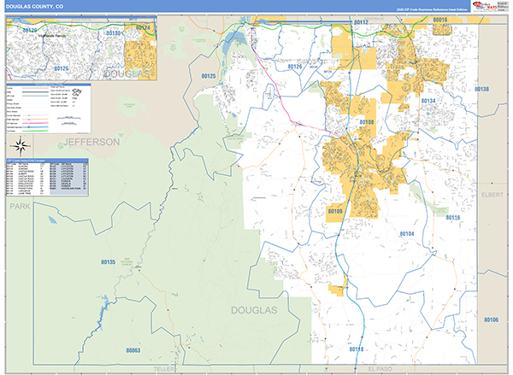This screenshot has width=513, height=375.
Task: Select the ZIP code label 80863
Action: (133, 350)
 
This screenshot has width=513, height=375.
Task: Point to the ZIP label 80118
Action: (357, 349)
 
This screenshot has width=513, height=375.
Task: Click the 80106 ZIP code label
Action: (490, 319)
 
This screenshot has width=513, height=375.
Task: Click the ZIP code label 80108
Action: (366, 123)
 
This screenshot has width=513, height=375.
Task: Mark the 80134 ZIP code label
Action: (427, 102)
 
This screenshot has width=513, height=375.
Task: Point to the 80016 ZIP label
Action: (441, 19)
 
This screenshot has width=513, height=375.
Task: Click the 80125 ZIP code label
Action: (209, 76)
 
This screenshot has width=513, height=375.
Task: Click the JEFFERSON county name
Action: (90, 140)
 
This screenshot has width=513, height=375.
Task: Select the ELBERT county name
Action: (493, 195)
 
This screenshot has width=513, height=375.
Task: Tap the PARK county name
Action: (19, 207)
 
